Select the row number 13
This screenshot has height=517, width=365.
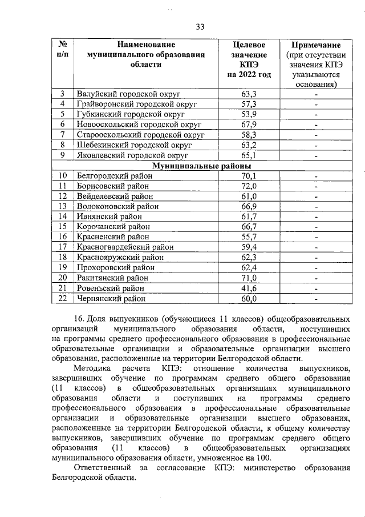point(63,206)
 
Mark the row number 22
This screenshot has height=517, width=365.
point(63,298)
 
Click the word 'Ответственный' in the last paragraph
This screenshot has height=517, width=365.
point(104,468)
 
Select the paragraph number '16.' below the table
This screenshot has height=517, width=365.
point(79,318)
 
